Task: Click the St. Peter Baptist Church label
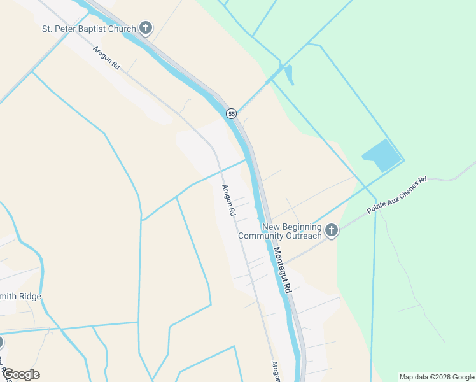point(89,29)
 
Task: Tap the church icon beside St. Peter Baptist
point(146,28)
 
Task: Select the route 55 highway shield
point(232,113)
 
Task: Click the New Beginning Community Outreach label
point(280,232)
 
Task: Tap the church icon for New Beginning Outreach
point(331,230)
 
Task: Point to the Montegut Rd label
point(283,269)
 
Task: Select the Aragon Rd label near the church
point(106,57)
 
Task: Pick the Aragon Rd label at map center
point(229,199)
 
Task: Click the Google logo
point(21,374)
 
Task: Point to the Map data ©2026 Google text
point(436,377)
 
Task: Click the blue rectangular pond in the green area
point(382,155)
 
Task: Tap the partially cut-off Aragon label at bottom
point(276,371)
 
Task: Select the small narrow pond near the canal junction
point(290,74)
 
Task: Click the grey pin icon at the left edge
point(1,343)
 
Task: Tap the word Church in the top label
point(121,29)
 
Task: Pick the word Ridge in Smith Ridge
point(30,297)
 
